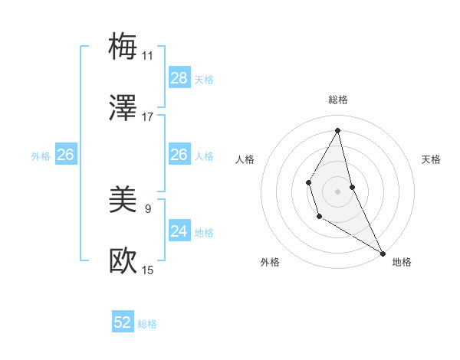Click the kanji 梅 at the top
click(x=123, y=46)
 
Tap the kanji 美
click(x=123, y=200)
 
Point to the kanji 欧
click(x=123, y=261)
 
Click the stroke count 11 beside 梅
click(x=147, y=56)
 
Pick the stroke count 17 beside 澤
click(x=147, y=117)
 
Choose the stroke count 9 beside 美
click(x=147, y=208)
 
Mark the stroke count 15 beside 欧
click(x=147, y=270)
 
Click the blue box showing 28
click(x=179, y=78)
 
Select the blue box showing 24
click(x=179, y=231)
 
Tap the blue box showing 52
click(x=123, y=323)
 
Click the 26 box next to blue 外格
click(x=65, y=155)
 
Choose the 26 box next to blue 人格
click(x=179, y=155)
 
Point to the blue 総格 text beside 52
click(x=147, y=324)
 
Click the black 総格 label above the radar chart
click(x=337, y=100)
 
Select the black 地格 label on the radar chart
click(x=402, y=262)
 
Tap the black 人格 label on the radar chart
click(x=245, y=159)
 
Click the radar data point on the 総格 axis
click(x=337, y=129)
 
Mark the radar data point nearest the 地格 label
click(x=383, y=253)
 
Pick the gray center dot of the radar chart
click(x=337, y=191)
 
